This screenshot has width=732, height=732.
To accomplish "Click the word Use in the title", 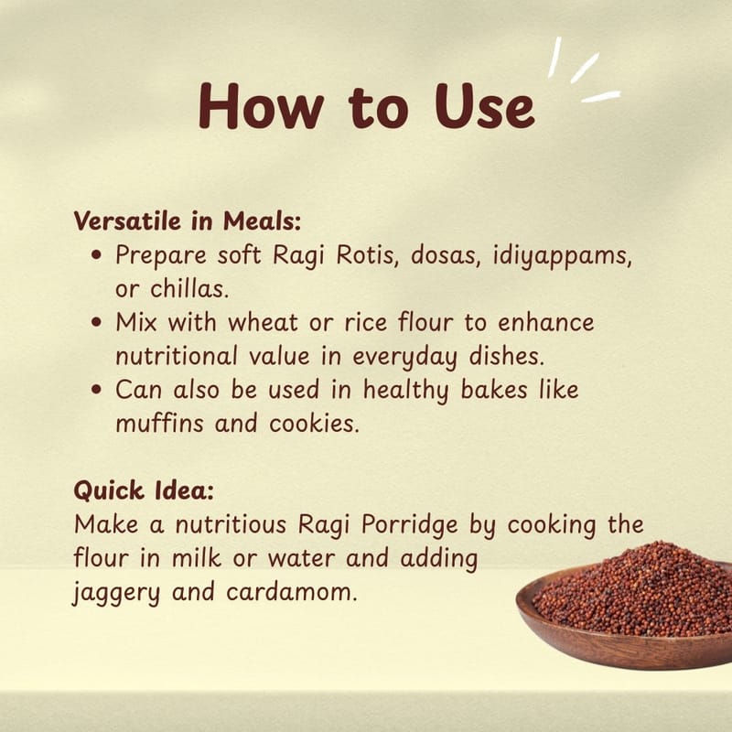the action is [484, 106].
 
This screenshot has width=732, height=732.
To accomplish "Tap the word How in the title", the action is [261, 106].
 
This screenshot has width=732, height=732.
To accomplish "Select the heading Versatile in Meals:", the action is [188, 221].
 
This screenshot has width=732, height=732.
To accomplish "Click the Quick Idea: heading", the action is [144, 490].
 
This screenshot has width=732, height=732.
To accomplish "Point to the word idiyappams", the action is [563, 257].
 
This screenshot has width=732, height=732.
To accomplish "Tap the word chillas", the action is [189, 288].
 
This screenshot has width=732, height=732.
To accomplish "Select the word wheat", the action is [263, 323].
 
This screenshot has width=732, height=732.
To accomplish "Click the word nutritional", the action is [177, 356].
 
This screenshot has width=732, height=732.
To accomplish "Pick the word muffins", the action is [159, 423].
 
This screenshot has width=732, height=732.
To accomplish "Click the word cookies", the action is [314, 424].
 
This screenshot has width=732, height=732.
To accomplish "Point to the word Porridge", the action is [409, 525].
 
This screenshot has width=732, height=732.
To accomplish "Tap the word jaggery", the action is [116, 593].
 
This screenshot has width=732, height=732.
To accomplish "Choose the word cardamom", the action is [292, 592].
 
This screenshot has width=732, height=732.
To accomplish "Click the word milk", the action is [196, 558].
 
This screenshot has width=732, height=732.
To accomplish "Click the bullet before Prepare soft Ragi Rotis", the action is [97, 255].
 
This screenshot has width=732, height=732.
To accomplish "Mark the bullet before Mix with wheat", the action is [97, 323].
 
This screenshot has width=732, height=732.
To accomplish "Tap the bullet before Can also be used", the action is [97, 390].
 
